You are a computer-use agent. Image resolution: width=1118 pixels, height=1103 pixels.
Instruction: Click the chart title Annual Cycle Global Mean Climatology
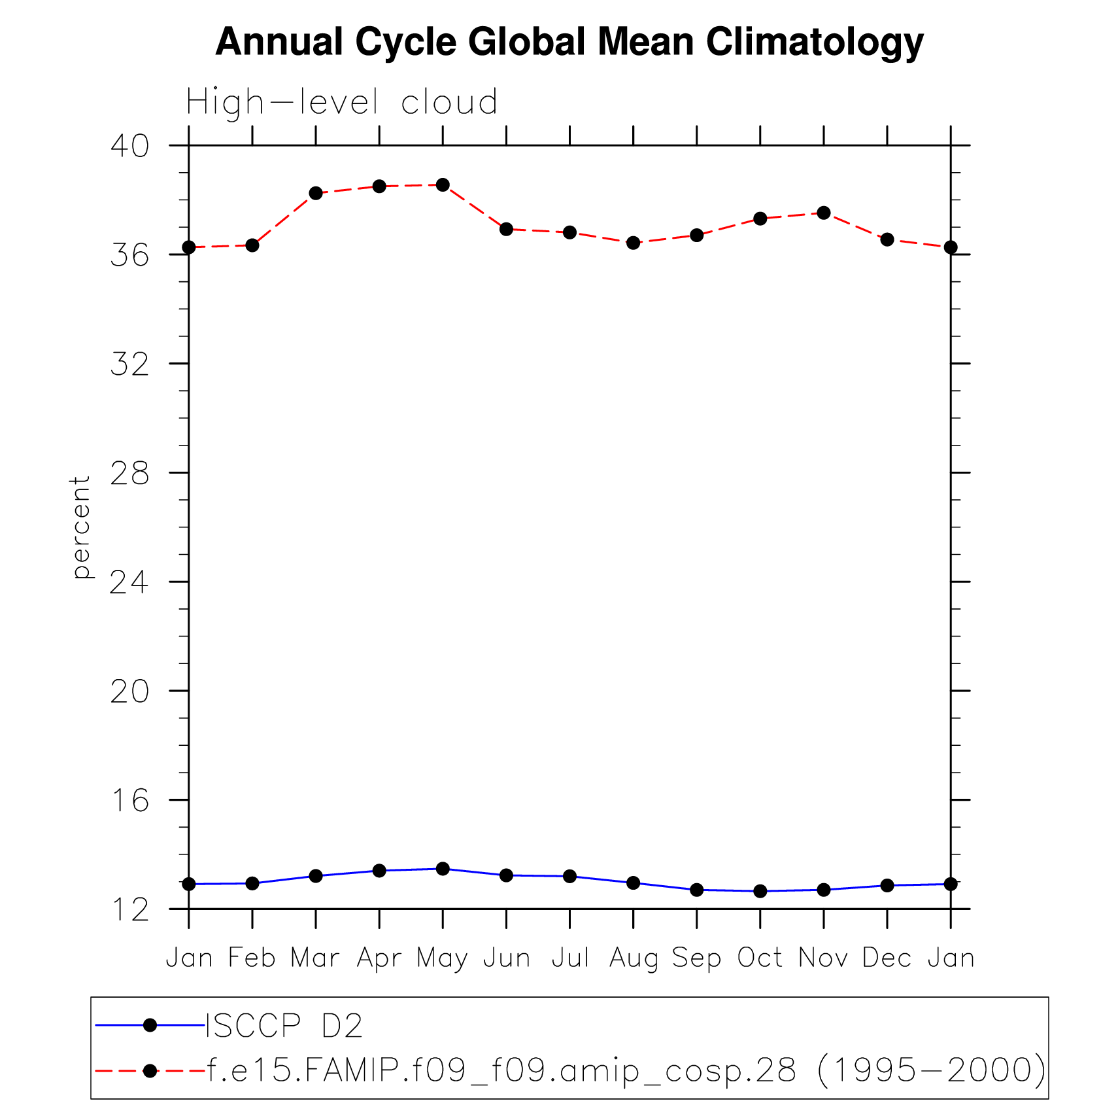click(x=569, y=42)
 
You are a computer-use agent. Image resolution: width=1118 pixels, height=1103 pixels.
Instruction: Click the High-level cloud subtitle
click(x=341, y=103)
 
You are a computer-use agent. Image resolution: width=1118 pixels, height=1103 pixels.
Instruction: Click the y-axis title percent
click(x=81, y=527)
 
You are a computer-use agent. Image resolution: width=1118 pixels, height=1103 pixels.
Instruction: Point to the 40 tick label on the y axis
click(x=129, y=146)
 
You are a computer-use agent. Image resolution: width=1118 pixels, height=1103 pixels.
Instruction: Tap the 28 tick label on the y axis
click(x=129, y=473)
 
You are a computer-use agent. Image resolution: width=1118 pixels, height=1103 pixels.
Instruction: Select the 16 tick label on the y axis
click(x=129, y=800)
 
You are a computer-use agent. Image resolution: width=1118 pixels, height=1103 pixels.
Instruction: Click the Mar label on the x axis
click(x=315, y=958)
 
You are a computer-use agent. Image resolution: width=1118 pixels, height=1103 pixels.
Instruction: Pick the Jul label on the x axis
click(x=570, y=958)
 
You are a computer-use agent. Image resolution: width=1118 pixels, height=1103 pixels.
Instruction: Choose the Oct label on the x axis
click(x=760, y=958)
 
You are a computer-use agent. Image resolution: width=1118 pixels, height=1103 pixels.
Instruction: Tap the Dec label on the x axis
click(x=887, y=958)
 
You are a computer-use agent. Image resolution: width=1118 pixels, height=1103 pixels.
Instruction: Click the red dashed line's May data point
click(x=443, y=185)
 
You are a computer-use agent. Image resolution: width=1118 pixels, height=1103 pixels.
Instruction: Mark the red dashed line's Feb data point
click(x=252, y=245)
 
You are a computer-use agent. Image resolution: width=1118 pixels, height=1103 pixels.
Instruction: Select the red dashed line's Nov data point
click(x=824, y=213)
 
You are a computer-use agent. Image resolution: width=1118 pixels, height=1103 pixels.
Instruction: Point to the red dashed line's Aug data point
click(x=633, y=243)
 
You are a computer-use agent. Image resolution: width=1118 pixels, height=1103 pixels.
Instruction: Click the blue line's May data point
click(x=443, y=869)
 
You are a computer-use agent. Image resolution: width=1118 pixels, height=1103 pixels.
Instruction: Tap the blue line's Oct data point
click(x=760, y=891)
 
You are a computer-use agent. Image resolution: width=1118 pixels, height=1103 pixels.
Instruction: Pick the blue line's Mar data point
click(x=316, y=876)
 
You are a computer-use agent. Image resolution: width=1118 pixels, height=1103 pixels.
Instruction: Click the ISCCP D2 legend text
click(x=284, y=1026)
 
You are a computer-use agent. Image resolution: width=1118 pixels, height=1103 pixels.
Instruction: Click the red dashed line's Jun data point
click(x=506, y=229)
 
